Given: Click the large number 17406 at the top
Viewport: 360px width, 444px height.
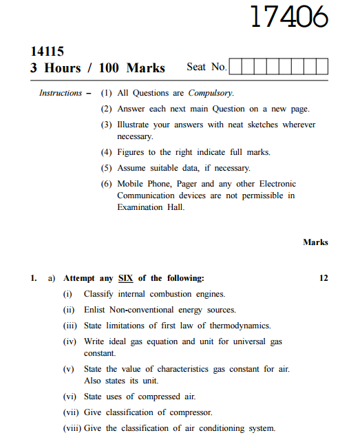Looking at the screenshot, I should (x=288, y=18).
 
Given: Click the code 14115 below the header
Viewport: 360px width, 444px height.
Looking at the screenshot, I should (x=47, y=52).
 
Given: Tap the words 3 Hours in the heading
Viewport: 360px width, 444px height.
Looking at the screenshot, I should (x=54, y=67).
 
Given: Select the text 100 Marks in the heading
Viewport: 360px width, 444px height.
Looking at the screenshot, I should (x=131, y=67).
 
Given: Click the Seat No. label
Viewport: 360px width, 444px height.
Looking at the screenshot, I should (x=206, y=67).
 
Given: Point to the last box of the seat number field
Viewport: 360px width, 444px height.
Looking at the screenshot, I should (x=321, y=67).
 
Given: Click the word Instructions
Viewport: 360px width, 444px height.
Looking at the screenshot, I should (x=61, y=93).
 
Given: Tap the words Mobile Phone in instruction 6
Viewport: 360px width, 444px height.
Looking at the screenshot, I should (x=145, y=184).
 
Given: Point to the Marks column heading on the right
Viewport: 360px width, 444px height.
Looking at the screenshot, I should (x=315, y=242).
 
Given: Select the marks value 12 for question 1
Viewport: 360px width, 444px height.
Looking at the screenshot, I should (x=324, y=278).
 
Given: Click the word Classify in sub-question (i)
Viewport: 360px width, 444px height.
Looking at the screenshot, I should (x=99, y=294).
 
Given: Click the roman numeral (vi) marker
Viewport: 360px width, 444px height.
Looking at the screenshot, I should (x=70, y=397).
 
